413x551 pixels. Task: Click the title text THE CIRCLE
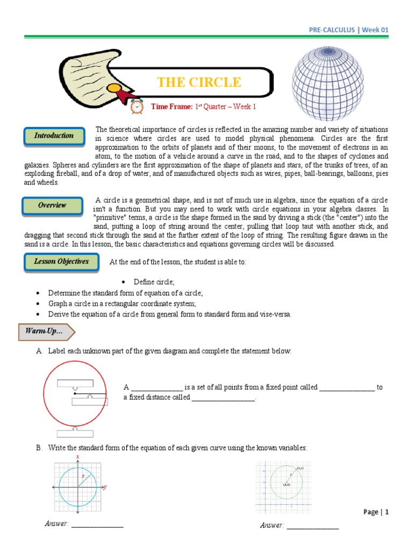point(199,82)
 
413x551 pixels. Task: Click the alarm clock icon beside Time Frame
point(137,107)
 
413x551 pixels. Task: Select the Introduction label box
point(54,136)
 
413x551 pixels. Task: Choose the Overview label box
point(52,206)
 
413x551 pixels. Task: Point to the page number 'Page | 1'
point(375,512)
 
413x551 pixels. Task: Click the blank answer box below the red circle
point(75,433)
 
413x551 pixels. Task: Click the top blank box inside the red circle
point(75,383)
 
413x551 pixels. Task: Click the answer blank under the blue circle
point(97,525)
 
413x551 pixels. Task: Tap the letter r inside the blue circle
point(83,477)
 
